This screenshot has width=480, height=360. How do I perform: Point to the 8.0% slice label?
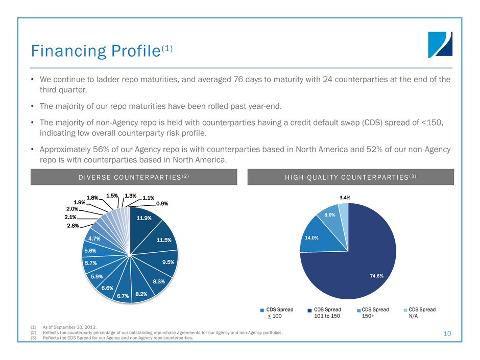point(330,215)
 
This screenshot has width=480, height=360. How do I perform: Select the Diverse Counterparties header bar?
point(128,177)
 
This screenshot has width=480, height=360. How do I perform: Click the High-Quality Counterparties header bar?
point(351,177)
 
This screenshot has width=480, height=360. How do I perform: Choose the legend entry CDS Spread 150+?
point(375,313)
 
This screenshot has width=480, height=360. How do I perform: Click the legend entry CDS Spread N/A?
point(421,313)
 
